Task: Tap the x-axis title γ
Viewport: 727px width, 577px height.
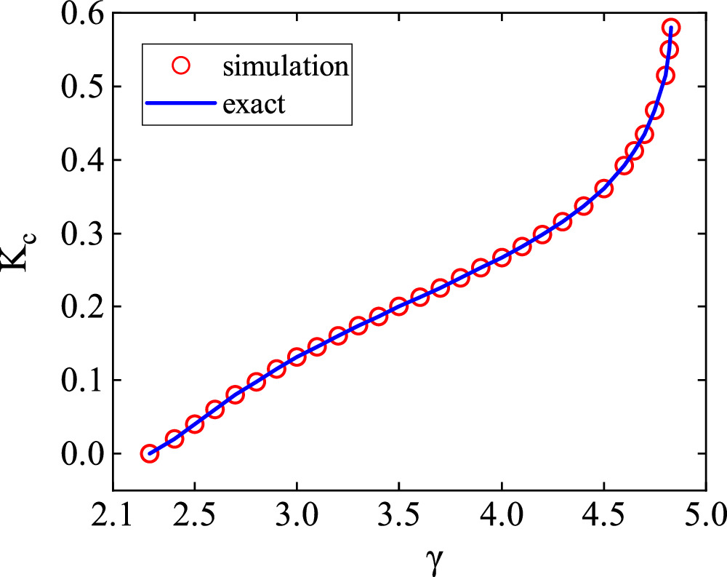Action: (398, 559)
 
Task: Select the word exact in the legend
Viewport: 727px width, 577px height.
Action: (254, 104)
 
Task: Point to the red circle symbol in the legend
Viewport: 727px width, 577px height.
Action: (180, 67)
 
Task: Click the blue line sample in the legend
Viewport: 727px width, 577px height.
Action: (180, 104)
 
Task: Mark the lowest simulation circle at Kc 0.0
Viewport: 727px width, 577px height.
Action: (149, 453)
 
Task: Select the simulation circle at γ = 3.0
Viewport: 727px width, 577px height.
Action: (297, 357)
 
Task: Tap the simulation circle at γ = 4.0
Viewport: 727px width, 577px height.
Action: (501, 258)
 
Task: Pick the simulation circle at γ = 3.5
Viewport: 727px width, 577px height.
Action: (398, 306)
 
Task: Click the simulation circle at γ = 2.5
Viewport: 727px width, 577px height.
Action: (194, 424)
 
